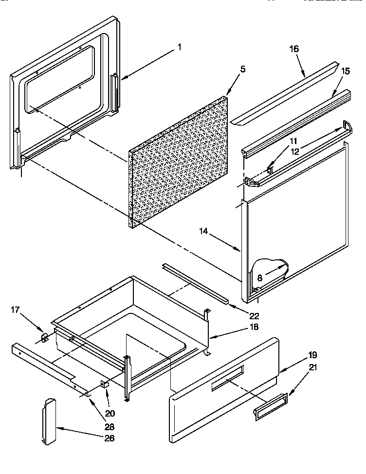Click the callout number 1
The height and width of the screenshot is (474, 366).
[179, 47]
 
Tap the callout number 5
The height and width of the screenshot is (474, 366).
[243, 69]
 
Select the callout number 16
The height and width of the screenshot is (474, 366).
[294, 49]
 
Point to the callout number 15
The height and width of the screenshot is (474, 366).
[345, 71]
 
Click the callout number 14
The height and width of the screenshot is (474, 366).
[204, 233]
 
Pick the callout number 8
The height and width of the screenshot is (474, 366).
[260, 279]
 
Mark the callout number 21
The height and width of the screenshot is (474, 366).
[312, 368]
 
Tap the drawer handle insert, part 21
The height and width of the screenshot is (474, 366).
[270, 406]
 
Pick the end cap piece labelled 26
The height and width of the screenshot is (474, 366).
[49, 421]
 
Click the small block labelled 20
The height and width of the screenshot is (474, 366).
[104, 384]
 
